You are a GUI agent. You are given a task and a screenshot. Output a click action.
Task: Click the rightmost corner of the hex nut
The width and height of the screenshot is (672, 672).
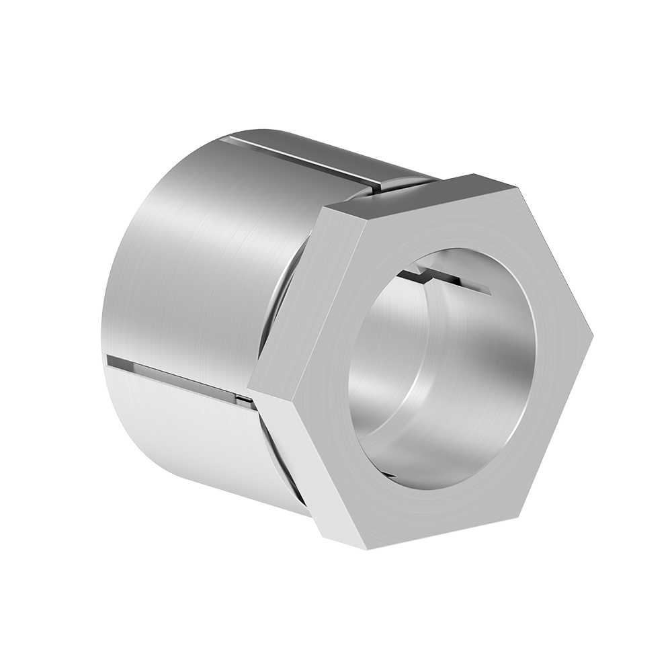(x=591, y=334)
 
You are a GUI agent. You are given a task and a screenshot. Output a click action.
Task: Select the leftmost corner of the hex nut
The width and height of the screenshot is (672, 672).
(x=249, y=388)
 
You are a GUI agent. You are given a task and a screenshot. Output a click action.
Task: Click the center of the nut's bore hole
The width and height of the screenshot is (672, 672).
(x=440, y=370)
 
